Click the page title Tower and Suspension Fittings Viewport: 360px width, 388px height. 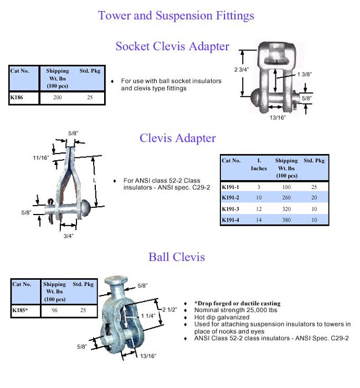pos(176,16)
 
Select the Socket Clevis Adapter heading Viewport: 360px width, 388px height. pos(172,46)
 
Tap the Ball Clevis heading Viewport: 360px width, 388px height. pos(177,257)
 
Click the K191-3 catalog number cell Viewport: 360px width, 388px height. pos(232,208)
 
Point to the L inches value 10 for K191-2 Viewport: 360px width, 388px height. pos(259,197)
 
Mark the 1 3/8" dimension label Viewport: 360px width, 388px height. pos(306,74)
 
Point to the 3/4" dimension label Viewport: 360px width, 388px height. pos(68,234)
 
